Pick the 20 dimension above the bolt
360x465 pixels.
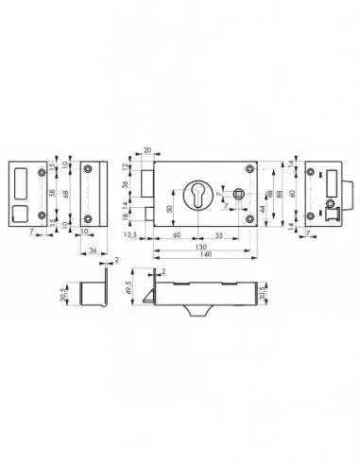pos(147,149)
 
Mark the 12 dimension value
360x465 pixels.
pos(129,166)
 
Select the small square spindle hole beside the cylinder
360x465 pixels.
pos(239,194)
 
